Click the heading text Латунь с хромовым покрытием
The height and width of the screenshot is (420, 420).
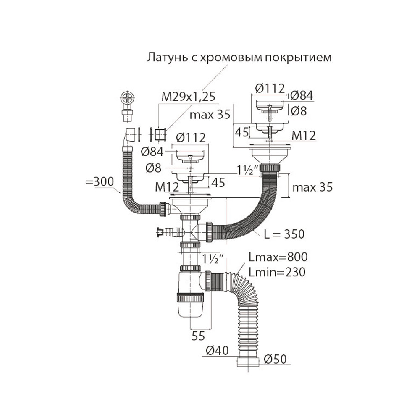pos(239,57)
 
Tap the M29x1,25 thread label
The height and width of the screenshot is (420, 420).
pos(189,97)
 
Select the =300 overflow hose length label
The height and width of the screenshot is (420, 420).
pos(99,183)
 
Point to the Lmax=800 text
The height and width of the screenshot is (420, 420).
pos(278,257)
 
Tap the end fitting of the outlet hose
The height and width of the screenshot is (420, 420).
pos(247,362)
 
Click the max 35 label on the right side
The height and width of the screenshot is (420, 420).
pos(312,187)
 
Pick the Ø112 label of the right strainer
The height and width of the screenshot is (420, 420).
pos(270,88)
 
